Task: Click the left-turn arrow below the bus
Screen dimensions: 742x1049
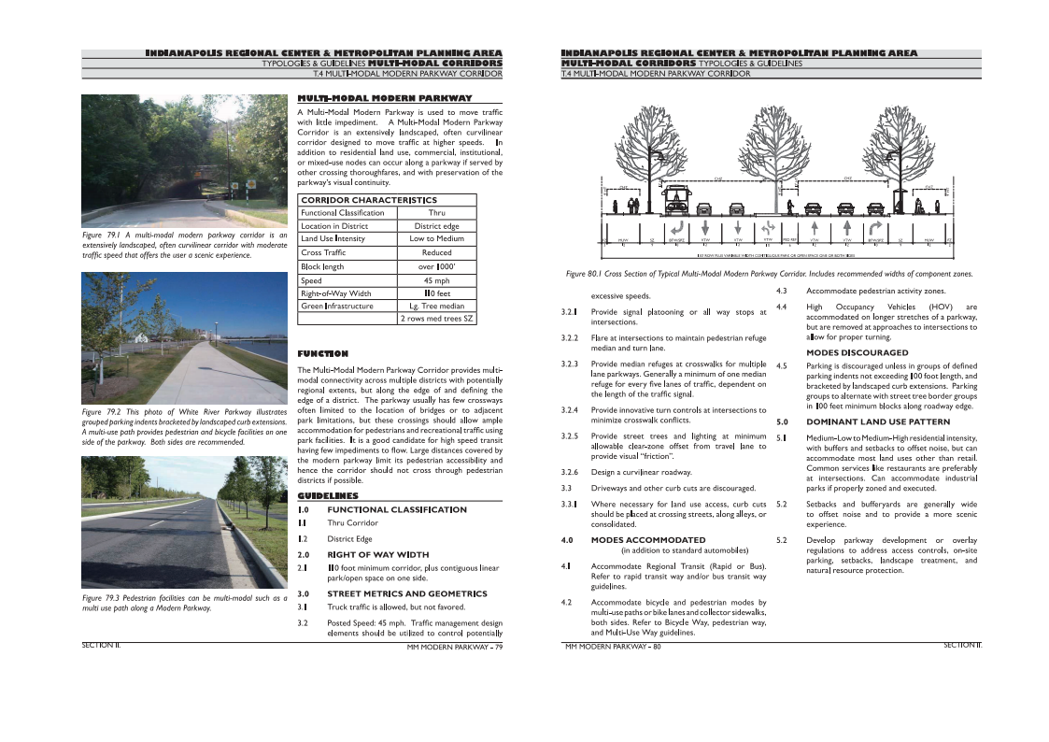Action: (673, 228)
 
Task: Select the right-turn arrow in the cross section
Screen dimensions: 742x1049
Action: (874, 228)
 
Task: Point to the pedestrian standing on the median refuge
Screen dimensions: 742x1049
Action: (791, 204)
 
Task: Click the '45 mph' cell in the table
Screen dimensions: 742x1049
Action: (436, 280)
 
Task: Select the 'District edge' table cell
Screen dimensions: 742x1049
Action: (436, 226)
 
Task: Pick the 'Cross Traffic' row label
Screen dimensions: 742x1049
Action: (323, 253)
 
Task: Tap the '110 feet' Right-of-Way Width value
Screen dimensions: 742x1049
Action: (436, 293)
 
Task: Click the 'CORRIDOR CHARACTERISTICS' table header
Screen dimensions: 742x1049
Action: (368, 200)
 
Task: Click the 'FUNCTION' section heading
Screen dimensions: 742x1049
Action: (322, 354)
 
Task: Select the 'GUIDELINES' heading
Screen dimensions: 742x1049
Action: (327, 495)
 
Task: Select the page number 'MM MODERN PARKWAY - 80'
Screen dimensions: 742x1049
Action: (613, 646)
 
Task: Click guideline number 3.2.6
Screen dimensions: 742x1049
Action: (571, 472)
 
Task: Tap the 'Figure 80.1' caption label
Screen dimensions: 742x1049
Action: (588, 274)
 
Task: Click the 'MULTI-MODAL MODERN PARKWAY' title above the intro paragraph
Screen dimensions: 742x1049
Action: (384, 98)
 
